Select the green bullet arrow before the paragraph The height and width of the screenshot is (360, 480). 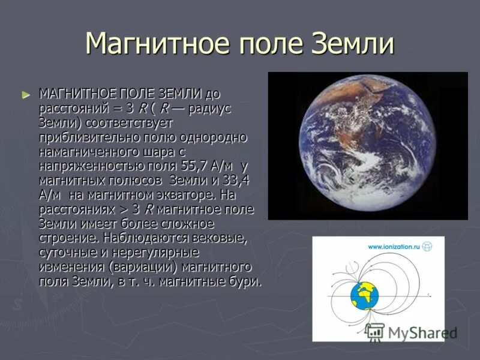click(25, 94)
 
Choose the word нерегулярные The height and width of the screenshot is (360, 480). click(157, 253)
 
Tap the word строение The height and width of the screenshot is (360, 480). click(63, 238)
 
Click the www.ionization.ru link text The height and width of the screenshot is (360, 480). click(393, 246)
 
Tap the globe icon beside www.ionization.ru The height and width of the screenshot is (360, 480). click(427, 246)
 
